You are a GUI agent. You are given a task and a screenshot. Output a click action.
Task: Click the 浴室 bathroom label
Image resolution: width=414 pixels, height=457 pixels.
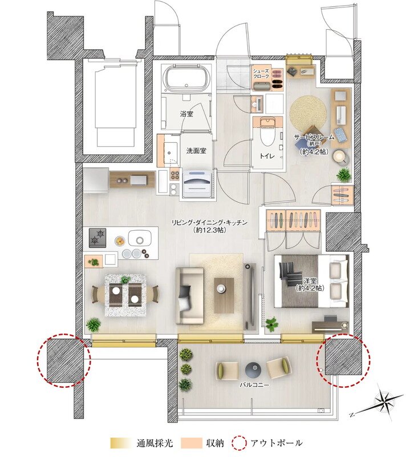[x=186, y=114]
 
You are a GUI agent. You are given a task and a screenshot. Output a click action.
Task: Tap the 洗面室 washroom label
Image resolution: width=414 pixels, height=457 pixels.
[x=196, y=151]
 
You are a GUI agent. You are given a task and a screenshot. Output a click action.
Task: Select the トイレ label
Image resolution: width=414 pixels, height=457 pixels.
[x=267, y=156]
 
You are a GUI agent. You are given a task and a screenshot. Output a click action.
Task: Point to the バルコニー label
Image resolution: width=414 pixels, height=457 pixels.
[x=254, y=385]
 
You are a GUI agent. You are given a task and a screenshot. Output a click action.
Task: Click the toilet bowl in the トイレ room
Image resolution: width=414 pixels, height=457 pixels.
[x=267, y=131]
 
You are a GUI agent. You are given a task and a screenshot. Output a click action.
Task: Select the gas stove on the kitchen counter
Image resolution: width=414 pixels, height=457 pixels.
[x=98, y=238]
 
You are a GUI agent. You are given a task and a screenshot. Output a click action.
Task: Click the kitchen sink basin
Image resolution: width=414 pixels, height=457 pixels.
[x=140, y=238]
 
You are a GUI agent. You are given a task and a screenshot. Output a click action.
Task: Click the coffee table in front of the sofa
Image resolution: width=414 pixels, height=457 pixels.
[x=224, y=295]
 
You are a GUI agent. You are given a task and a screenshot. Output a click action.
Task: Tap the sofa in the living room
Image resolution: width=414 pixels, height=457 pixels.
[x=190, y=295]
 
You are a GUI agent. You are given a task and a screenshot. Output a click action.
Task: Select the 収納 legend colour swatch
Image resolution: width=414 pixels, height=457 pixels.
[x=191, y=443]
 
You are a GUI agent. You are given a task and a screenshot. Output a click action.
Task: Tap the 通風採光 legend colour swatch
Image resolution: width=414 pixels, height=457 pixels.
[x=121, y=443]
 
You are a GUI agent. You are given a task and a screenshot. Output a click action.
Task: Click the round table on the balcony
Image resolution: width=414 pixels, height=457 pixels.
[x=252, y=370]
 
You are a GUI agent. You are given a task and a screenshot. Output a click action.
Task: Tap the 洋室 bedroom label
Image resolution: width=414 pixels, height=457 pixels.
[x=309, y=284]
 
